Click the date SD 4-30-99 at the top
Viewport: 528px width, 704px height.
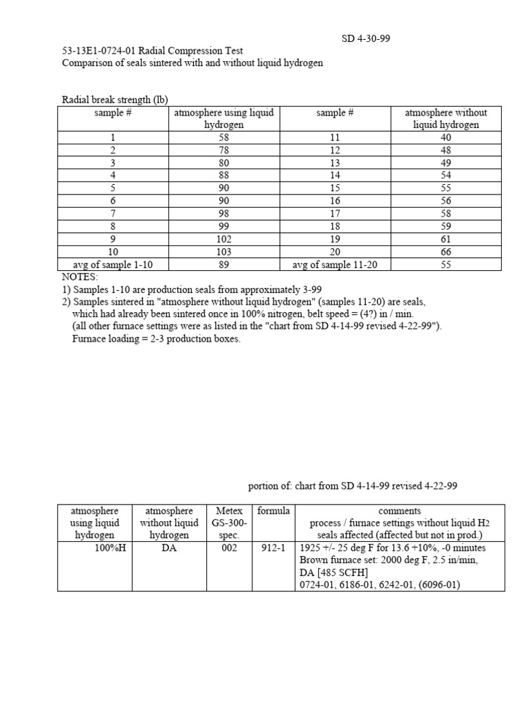click(366, 38)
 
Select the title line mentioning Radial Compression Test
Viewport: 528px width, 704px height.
click(152, 51)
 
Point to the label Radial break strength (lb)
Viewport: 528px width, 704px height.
click(115, 100)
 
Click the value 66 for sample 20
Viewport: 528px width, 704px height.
click(446, 252)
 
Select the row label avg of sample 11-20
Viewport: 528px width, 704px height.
click(335, 265)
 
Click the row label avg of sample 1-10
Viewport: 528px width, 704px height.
click(112, 265)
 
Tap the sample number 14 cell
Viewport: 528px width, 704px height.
click(335, 175)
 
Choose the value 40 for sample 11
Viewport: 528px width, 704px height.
click(446, 137)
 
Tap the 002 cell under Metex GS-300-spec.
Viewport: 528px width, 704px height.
click(229, 548)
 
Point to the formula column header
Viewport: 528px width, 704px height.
click(273, 511)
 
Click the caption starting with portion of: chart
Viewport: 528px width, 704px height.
click(352, 486)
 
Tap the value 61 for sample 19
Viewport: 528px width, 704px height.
click(446, 239)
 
